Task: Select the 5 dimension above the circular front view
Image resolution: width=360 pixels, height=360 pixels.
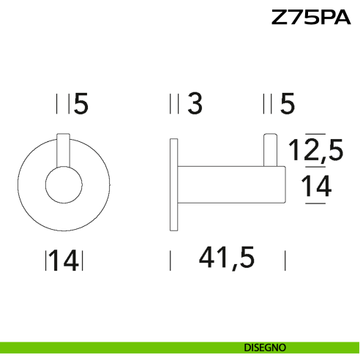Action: pyautogui.click(x=80, y=105)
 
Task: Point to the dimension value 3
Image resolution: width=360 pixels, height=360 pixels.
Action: pyautogui.click(x=194, y=105)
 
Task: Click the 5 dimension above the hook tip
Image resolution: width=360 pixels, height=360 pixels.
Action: pyautogui.click(x=287, y=105)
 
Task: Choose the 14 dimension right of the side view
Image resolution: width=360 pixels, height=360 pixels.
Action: pyautogui.click(x=317, y=188)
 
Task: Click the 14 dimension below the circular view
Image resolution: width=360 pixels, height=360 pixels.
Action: pyautogui.click(x=65, y=260)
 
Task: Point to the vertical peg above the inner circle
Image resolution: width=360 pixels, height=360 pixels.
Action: pyautogui.click(x=63, y=152)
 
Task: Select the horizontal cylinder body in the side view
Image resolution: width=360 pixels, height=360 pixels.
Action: pyautogui.click(x=227, y=185)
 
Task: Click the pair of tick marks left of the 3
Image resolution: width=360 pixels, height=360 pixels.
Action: pyautogui.click(x=173, y=105)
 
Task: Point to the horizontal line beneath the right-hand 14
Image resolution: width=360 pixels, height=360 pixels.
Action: pyautogui.click(x=315, y=203)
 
